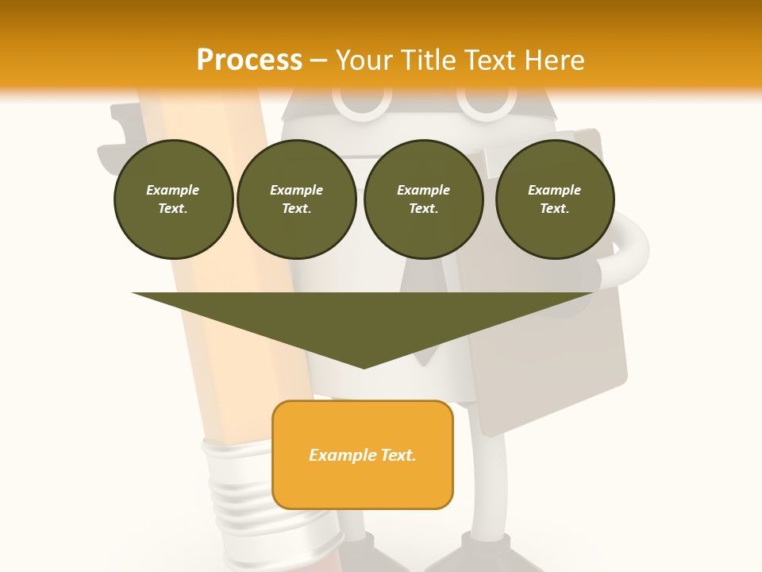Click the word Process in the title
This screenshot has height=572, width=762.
coord(249,60)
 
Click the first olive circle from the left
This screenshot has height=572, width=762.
coord(173,199)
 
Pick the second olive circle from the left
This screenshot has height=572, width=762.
coord(296,199)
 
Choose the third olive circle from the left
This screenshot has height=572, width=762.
coord(423,199)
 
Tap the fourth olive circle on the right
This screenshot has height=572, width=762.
coord(554,199)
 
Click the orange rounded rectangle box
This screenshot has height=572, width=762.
coord(363,454)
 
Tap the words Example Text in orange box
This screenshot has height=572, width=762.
coord(362,455)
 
